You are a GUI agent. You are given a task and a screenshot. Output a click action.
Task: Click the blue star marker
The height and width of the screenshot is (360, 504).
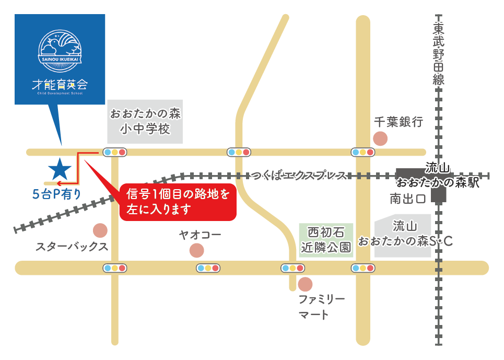(60, 168)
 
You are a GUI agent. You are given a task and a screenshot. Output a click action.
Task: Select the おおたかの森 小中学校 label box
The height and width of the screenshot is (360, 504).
(145, 121)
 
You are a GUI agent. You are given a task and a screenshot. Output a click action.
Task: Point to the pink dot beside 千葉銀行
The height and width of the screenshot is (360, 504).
(381, 139)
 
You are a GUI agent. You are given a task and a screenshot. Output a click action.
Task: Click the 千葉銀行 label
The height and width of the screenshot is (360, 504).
(398, 122)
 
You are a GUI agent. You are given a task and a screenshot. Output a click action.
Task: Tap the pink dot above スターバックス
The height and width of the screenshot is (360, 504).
(100, 230)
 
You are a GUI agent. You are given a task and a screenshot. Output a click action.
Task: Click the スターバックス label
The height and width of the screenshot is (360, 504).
(72, 247)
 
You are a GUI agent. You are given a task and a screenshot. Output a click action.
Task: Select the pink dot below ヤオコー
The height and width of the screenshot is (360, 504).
(196, 250)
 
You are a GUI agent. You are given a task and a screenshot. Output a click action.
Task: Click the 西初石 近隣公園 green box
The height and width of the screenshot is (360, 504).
(326, 240)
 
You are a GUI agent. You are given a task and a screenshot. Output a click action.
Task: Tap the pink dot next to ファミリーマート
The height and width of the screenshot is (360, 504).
(305, 284)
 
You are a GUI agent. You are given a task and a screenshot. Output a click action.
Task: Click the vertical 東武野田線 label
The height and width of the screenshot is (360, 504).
(438, 54)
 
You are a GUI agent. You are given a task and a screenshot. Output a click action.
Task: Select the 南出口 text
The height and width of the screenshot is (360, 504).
(407, 199)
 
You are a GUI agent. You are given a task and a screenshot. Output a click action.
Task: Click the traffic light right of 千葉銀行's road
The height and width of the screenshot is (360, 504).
(363, 152)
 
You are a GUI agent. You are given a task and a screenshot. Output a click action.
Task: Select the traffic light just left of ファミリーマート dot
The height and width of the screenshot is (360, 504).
(292, 268)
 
